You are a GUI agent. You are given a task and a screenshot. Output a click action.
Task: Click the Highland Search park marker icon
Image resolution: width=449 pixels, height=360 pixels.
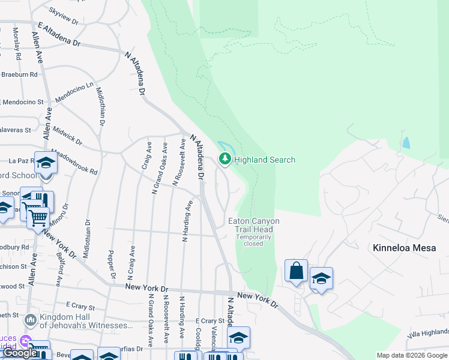pyautogui.click(x=225, y=159)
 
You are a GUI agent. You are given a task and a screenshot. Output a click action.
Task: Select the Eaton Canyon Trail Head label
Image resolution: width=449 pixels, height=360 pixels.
pyautogui.click(x=254, y=225)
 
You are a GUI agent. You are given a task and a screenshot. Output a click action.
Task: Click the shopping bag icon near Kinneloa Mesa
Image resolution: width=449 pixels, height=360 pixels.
pyautogui.click(x=297, y=271)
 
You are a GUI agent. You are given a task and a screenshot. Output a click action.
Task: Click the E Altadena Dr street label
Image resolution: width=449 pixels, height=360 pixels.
pyautogui.click(x=58, y=35)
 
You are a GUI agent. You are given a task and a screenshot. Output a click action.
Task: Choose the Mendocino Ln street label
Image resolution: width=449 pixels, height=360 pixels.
pyautogui.click(x=74, y=91)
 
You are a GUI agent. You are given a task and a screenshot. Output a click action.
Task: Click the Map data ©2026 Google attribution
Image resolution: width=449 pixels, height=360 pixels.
pyautogui.click(x=412, y=355)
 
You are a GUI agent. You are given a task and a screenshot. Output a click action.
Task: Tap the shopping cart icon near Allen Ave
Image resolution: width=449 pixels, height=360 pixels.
pyautogui.click(x=38, y=217)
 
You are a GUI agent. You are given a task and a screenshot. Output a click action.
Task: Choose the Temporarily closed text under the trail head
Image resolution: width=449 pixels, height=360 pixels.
pyautogui.click(x=253, y=241)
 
